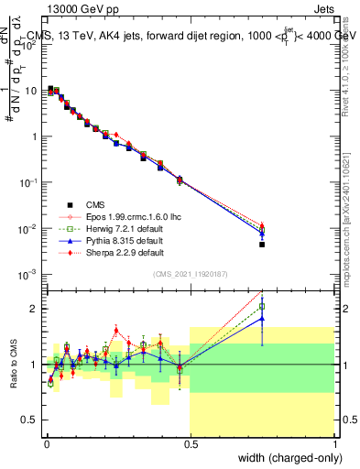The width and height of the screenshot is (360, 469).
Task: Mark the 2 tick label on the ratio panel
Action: tap(33, 309)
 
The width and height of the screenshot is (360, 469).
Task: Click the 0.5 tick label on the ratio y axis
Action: tap(29, 420)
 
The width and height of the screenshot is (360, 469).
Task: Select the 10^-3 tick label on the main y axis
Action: tap(26, 274)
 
